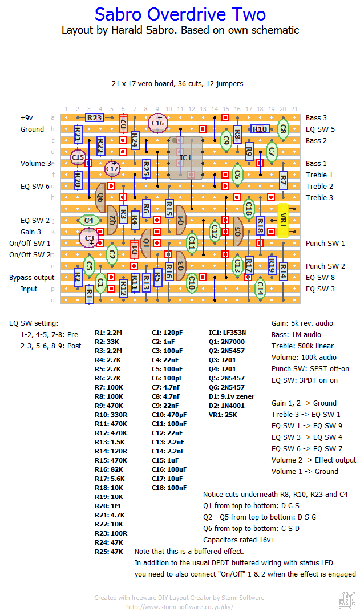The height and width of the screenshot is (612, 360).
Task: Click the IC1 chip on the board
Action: coord(185,157)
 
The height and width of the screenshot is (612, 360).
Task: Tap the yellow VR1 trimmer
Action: coord(283,220)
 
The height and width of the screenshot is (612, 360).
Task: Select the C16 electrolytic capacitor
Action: coord(157,123)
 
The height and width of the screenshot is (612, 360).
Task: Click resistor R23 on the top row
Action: coord(95,117)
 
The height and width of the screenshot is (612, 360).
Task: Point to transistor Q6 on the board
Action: coord(100,198)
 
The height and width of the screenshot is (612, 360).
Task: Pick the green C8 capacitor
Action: coord(282,129)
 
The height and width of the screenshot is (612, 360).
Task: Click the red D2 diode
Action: coord(123,123)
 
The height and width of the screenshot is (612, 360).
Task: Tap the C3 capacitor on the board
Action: coord(90,238)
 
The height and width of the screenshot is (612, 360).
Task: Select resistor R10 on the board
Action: coord(260,129)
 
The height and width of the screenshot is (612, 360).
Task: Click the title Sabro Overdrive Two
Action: coord(180,14)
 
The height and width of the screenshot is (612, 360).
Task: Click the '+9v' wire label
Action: coord(27,118)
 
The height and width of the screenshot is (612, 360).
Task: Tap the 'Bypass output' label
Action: coord(31,278)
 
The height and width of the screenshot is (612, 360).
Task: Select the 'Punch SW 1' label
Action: coord(325,244)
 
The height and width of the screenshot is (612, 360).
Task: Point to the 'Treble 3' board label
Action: coord(319,198)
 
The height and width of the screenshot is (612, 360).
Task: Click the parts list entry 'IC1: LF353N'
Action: coord(227,333)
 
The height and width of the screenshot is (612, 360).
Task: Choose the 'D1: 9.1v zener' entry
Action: coord(232,396)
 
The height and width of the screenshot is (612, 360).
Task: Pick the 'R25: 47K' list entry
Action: coord(109,552)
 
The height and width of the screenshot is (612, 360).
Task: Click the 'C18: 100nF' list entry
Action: coord(169,488)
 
